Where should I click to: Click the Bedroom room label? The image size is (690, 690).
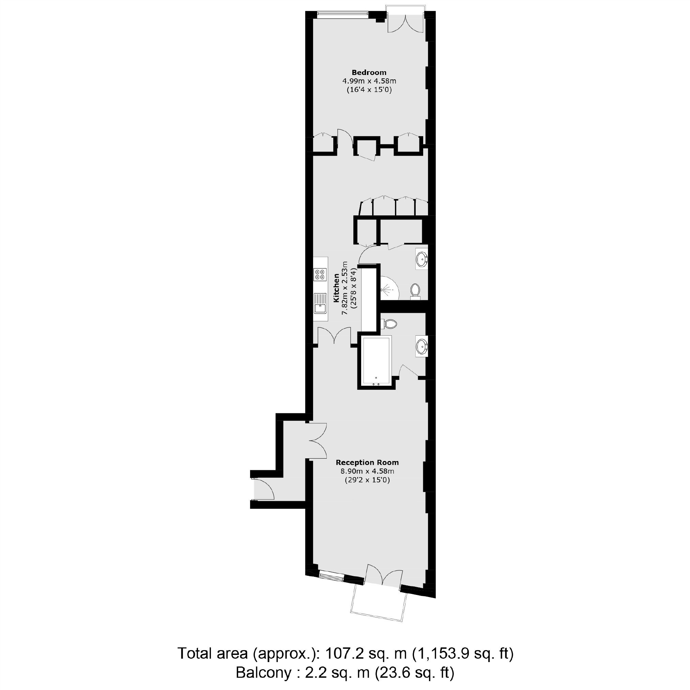coord(369,73)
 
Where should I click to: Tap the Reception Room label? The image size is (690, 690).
coord(367,462)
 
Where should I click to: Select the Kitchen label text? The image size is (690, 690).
coord(336,288)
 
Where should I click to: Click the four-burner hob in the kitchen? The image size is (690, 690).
coord(320,274)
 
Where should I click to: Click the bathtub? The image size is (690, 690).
coord(377,361)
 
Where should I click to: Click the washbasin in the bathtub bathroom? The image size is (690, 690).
coord(421,346)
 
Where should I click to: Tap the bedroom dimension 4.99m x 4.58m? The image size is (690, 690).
coord(369,81)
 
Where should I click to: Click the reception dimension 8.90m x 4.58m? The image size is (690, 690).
coord(367,471)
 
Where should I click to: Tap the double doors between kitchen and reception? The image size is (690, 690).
coord(334,336)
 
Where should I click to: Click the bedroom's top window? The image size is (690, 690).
coord(342,15)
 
